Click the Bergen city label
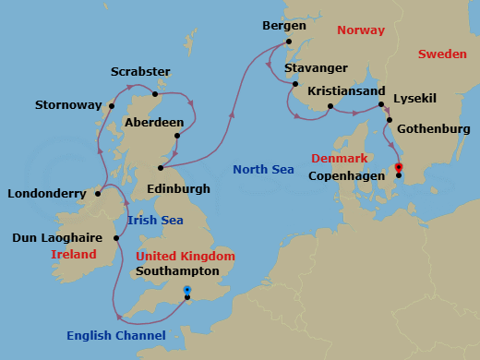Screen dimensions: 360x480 click(284, 25)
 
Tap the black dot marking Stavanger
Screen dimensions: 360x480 click(294, 85)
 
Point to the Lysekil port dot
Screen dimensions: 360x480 click(381, 105)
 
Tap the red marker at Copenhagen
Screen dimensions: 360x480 click(399, 167)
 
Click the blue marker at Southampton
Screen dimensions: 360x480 click(187, 289)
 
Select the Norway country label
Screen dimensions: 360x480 click(360, 30)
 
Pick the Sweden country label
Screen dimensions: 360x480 click(441, 54)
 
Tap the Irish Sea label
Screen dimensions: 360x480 click(154, 220)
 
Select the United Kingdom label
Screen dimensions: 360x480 click(185, 256)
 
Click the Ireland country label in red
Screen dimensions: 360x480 click(74, 254)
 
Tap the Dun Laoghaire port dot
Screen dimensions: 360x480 click(116, 238)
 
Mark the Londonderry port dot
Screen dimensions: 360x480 click(97, 194)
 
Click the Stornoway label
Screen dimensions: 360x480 click(67, 105)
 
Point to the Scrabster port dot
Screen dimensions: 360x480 click(156, 93)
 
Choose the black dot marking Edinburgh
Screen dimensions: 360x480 click(161, 168)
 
